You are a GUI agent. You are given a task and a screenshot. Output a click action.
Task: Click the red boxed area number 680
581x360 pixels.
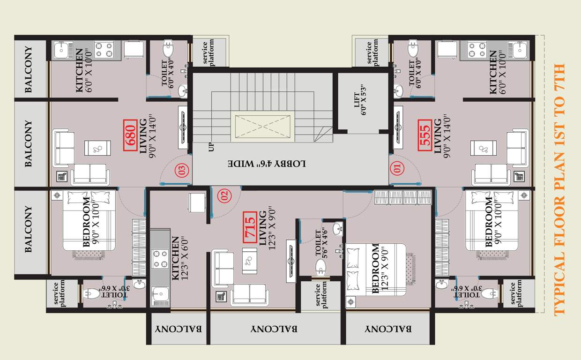pos(130,135)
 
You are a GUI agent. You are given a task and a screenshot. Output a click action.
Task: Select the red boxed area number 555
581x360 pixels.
pos(425,135)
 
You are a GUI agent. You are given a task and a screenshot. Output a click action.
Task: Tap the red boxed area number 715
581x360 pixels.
pos(249,228)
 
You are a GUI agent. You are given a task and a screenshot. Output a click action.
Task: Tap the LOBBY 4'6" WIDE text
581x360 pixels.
pos(267,164)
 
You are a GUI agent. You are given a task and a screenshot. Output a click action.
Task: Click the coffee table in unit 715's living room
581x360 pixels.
pos(249,260)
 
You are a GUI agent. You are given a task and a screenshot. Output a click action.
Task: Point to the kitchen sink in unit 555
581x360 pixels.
pos(520,50)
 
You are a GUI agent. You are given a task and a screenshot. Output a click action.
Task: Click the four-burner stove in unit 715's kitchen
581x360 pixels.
pos(160,258)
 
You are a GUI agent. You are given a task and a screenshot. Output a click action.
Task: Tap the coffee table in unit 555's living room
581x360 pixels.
pos(484,148)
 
